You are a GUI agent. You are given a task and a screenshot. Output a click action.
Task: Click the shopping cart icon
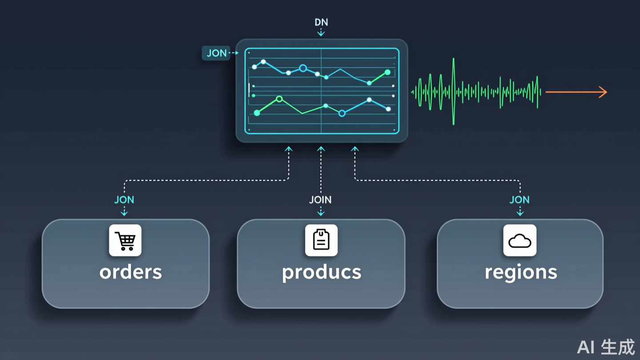[x=125, y=240]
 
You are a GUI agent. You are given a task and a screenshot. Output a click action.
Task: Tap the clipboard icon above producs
[x=321, y=240]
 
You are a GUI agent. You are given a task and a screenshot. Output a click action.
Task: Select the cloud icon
[x=520, y=240]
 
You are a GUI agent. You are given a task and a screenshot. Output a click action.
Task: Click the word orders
[x=131, y=272]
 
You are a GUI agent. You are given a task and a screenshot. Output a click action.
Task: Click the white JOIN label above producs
[x=320, y=200]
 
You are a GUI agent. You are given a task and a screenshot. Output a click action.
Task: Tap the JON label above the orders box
[x=124, y=200]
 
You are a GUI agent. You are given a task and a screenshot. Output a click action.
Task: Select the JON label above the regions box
[x=520, y=200]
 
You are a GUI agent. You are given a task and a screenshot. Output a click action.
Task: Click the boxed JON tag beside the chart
[x=216, y=53]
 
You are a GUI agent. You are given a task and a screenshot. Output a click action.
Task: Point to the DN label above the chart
[x=321, y=22]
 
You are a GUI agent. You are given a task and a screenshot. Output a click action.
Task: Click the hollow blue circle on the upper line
[x=303, y=68]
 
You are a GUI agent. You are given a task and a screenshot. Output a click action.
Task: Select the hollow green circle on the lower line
[x=279, y=99]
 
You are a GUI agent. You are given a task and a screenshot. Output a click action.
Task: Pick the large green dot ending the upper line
[x=388, y=72]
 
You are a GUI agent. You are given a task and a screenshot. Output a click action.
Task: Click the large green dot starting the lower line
[x=257, y=113]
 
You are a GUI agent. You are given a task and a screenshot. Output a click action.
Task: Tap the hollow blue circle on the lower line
[x=342, y=113]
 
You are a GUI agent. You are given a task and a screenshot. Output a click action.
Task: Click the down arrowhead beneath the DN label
[x=321, y=34]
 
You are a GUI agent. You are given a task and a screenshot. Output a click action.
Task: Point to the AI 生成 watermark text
[x=606, y=347]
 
